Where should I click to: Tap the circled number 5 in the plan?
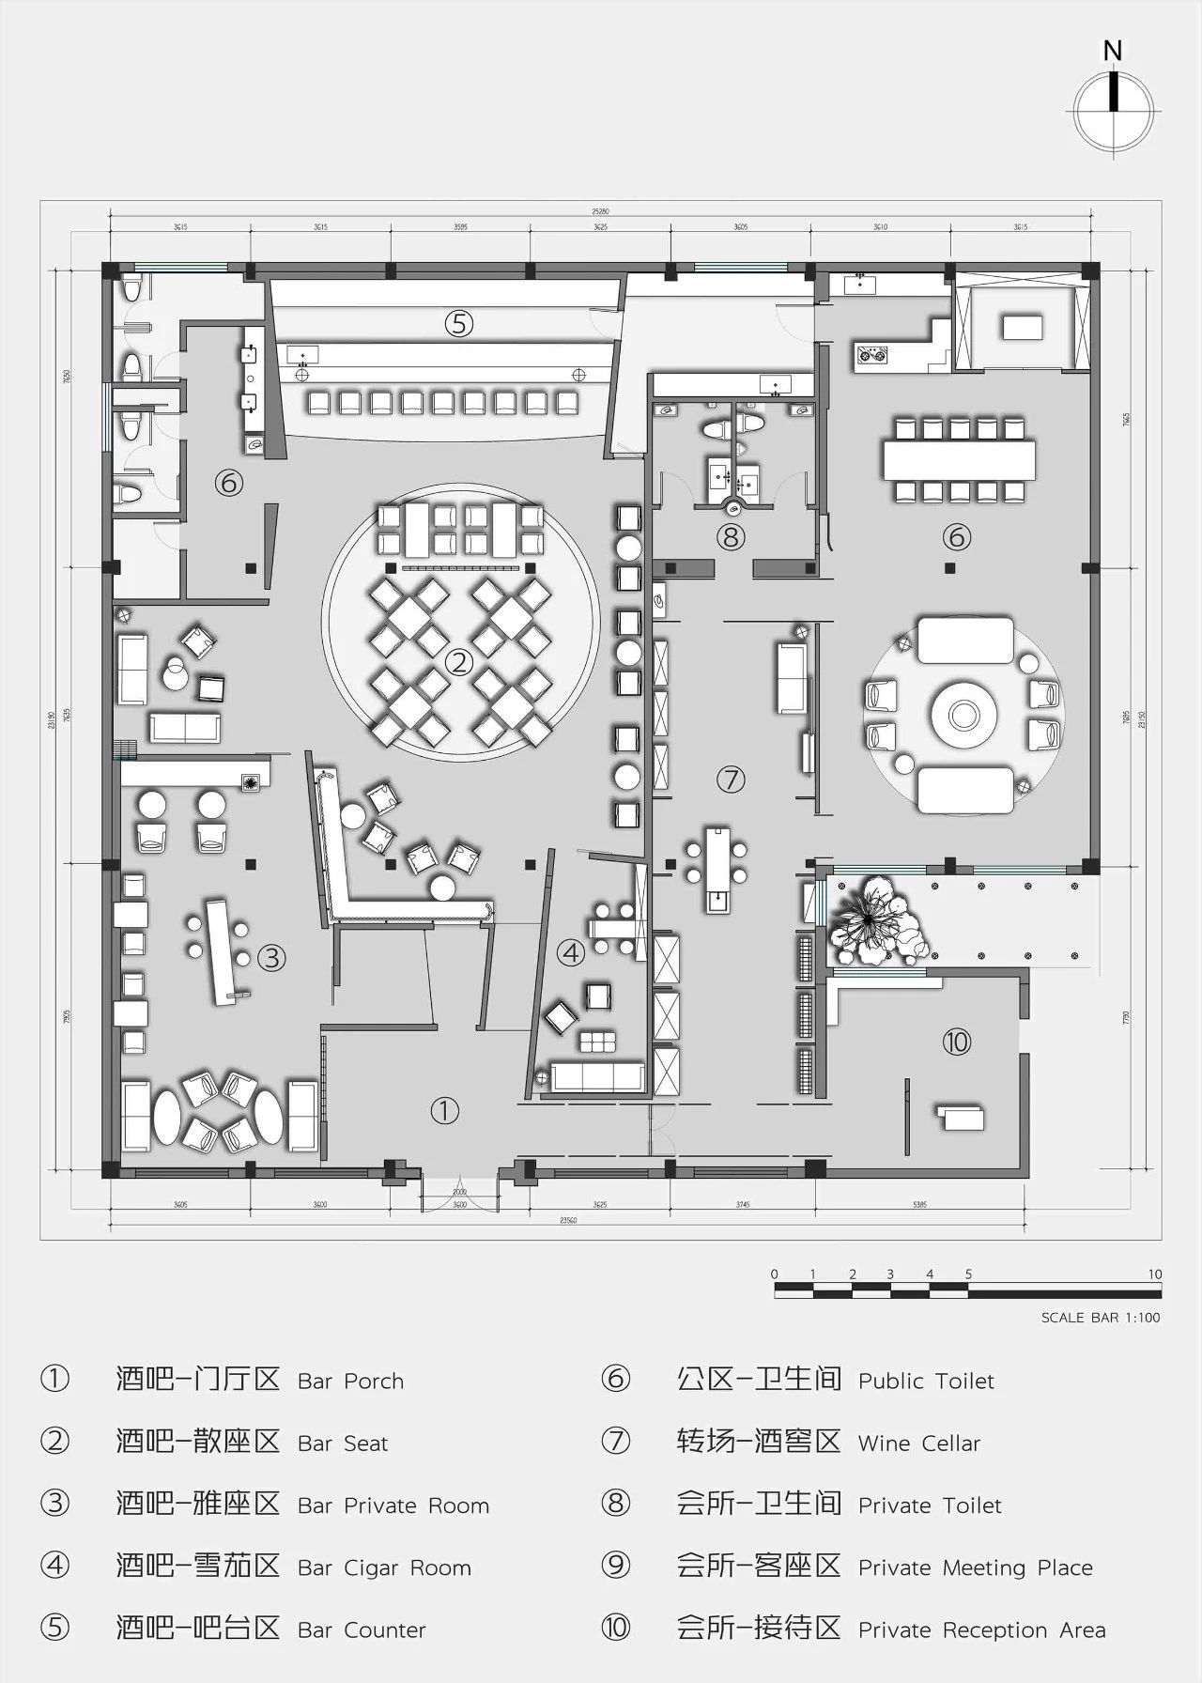(x=458, y=324)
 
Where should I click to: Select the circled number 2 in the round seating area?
(x=459, y=662)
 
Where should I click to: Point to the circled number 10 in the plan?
(x=956, y=1042)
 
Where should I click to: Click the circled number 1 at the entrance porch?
(x=444, y=1111)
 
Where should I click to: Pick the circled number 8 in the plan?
(x=731, y=537)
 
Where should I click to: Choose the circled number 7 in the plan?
(x=731, y=779)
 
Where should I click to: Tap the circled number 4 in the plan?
(x=571, y=953)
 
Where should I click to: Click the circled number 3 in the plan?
(x=271, y=958)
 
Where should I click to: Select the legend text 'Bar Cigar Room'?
(x=384, y=1567)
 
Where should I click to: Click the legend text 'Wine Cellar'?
(x=918, y=1444)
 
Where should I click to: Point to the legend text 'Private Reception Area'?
(x=981, y=1629)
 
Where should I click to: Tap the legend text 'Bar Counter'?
(x=362, y=1629)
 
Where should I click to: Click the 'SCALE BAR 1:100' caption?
(x=1100, y=1318)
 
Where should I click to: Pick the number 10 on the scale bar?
(x=1154, y=1274)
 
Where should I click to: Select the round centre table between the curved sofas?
(x=964, y=715)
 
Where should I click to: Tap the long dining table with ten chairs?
(x=958, y=460)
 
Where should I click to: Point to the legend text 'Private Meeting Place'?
(x=975, y=1567)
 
